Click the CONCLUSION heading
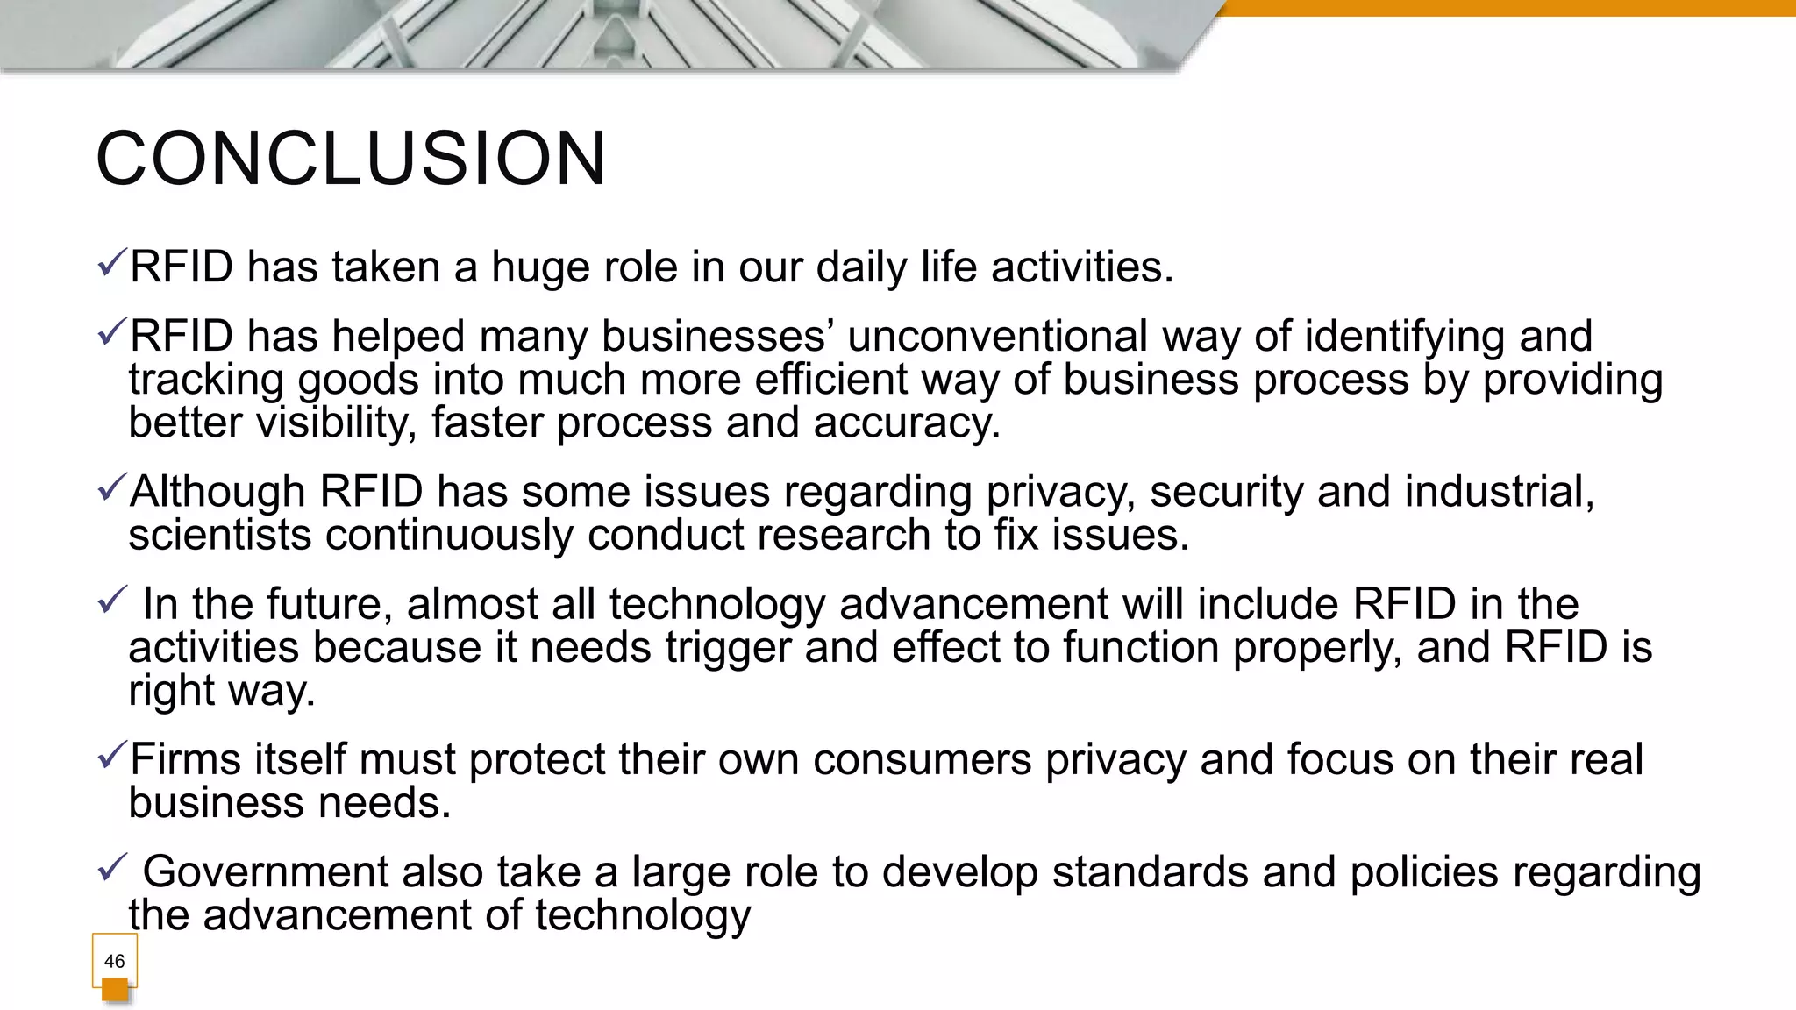coord(351,159)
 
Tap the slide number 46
coord(114,961)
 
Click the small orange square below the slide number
coord(115,991)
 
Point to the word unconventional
coord(997,337)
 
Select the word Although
coord(217,492)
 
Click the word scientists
coord(219,536)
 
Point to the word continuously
coord(448,536)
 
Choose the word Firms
coord(185,759)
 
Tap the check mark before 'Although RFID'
coord(112,487)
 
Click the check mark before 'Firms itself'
coord(112,754)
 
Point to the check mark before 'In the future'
coord(112,601)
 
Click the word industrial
coord(1499,492)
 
